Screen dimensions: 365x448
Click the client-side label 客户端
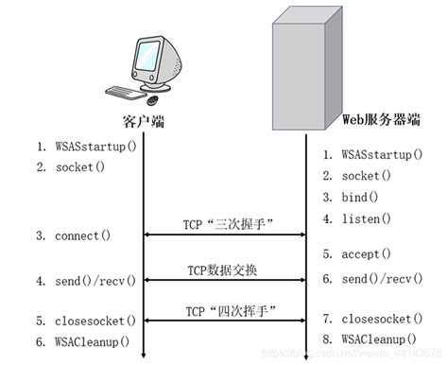click(x=141, y=122)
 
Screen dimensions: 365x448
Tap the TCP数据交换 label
click(x=223, y=269)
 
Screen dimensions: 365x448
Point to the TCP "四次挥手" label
click(x=223, y=309)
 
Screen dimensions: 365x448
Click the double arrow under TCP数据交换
click(x=223, y=282)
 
